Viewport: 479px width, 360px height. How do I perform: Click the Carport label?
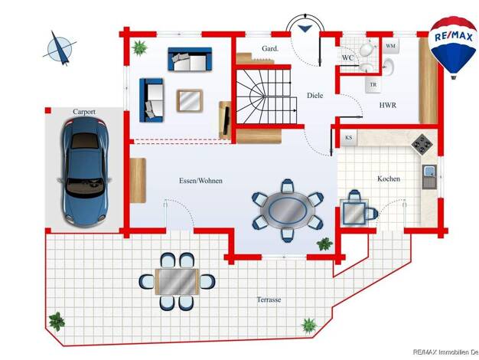84,112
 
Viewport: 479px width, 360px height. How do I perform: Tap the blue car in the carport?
84,172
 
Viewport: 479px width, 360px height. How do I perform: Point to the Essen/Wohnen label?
200,181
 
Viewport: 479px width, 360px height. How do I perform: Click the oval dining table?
288,211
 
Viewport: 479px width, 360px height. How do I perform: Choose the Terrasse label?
269,299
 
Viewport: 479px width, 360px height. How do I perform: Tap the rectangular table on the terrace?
178,281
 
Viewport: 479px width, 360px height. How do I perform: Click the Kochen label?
389,178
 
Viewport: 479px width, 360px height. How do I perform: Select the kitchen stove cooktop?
422,143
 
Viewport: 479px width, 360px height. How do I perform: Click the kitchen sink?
429,177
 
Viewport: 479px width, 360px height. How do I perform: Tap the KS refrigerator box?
349,138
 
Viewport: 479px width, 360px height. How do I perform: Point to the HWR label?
388,105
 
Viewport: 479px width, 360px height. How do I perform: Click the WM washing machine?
391,46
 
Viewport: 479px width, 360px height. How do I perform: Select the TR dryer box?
373,85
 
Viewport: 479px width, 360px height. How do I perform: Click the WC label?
347,57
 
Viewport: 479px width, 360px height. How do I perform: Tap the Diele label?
315,96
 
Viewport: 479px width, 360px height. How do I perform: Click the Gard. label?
270,48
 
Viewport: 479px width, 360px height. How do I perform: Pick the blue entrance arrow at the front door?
305,28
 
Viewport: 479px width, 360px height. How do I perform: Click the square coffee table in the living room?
190,100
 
